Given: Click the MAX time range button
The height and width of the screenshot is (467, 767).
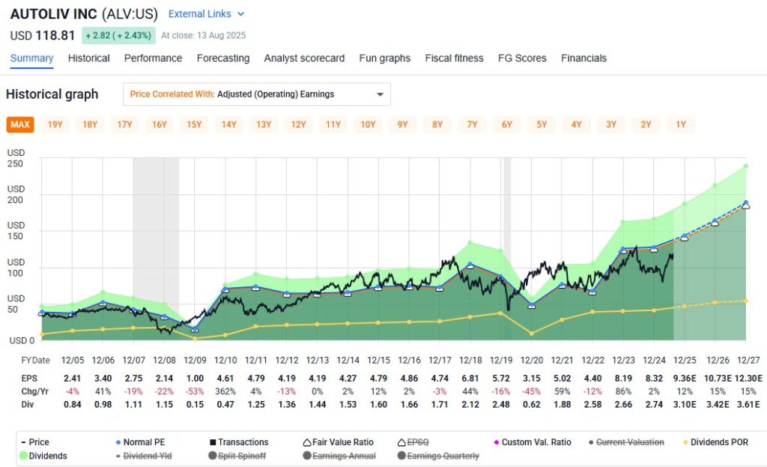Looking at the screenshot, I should point(20,124).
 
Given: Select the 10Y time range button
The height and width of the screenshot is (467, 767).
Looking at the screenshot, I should point(368,124).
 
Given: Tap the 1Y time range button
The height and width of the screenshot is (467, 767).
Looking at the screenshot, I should point(680,124).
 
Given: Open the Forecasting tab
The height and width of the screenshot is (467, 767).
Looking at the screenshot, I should point(223,58).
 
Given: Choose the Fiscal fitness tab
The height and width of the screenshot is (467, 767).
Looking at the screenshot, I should point(454,58).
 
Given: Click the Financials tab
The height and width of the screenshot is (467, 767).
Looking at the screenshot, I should point(583,58).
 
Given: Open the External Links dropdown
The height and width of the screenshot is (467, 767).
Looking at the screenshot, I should point(206,14).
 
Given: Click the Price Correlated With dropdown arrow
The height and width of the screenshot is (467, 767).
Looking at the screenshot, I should point(380,94).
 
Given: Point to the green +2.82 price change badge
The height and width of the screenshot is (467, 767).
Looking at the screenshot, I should point(118,35).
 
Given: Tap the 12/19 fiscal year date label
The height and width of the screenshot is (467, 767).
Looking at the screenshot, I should point(501,361).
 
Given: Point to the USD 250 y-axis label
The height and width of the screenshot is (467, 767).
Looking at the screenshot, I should point(16,158).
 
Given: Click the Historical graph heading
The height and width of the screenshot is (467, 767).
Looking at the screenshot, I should point(52,94).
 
